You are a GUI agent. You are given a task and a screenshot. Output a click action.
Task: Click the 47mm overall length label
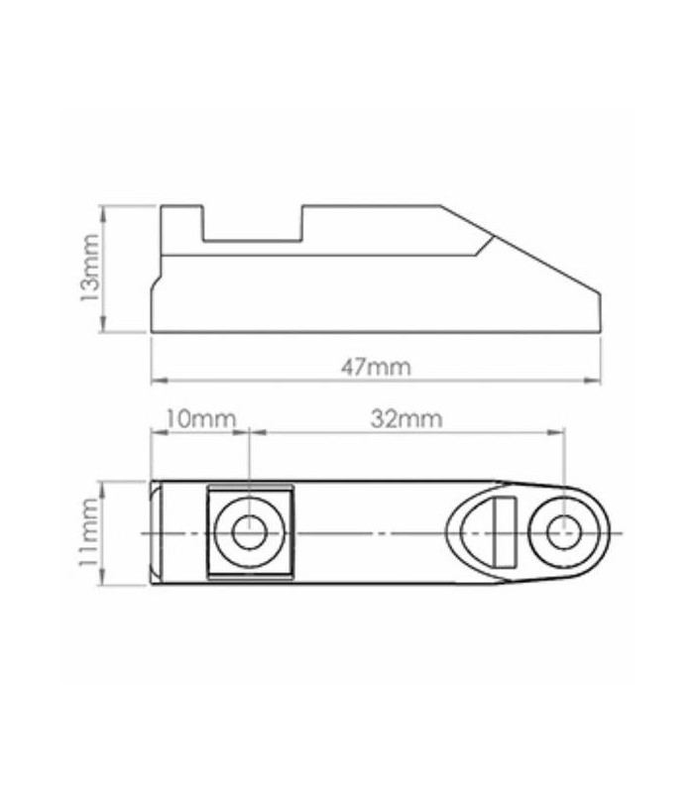(376, 366)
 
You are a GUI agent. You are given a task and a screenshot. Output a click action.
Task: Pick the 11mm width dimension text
(89, 533)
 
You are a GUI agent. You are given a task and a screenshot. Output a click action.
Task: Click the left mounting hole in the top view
(249, 532)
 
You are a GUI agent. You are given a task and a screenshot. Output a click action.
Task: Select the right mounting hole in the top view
(563, 532)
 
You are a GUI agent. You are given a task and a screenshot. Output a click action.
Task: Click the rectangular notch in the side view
(252, 224)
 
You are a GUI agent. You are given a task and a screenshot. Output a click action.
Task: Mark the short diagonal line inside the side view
(483, 245)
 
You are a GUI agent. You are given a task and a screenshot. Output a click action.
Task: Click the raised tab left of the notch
(181, 220)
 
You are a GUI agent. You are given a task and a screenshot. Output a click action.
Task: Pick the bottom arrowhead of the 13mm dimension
(103, 326)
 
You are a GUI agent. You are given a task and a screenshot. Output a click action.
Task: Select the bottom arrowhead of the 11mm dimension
(103, 582)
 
